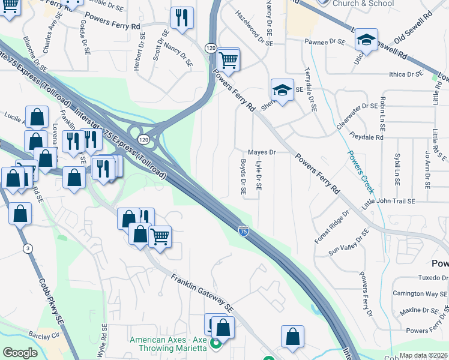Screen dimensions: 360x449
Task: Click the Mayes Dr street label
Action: tap(262, 152)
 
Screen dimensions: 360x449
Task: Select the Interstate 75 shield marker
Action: tap(243, 230)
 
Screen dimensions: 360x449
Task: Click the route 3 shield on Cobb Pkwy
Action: tap(28, 248)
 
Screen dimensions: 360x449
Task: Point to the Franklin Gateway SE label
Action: tap(202, 293)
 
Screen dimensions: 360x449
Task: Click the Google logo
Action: tap(19, 353)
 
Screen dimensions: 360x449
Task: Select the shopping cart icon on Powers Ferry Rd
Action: tap(228, 60)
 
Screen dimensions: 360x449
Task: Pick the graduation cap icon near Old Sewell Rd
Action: tap(366, 40)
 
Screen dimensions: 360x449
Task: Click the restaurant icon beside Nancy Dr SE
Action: tap(182, 18)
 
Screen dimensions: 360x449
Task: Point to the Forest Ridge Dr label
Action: tap(331, 227)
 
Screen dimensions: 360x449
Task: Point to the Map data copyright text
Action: tap(424, 355)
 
